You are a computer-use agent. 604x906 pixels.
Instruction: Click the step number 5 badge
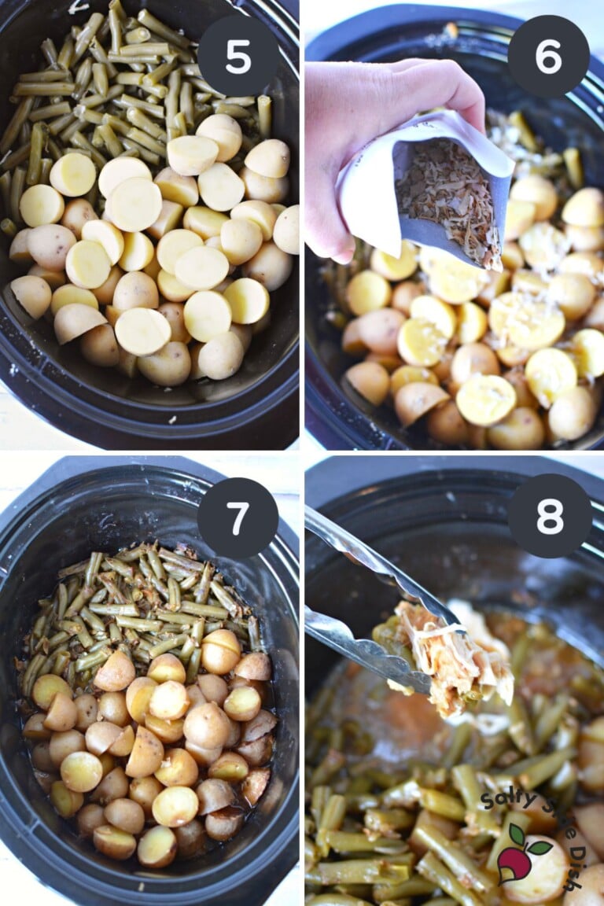coord(238,56)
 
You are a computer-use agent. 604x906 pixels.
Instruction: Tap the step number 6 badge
coord(548,56)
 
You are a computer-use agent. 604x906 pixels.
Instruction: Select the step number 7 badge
coord(238,517)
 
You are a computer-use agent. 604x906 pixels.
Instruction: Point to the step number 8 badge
coord(550,516)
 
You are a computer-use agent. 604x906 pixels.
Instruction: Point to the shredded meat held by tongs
coord(457,659)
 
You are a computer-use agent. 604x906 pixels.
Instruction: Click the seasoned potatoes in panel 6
coord(480,323)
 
